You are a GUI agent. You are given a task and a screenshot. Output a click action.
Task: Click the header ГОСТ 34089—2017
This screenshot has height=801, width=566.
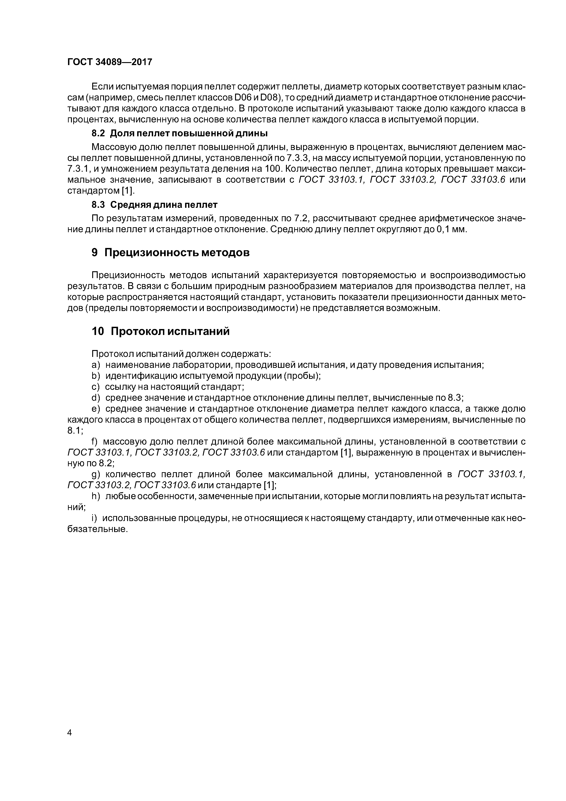[110, 62]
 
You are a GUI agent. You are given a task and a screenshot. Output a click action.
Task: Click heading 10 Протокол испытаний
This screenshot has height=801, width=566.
[160, 331]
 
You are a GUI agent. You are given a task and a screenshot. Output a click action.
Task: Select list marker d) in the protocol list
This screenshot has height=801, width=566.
[96, 398]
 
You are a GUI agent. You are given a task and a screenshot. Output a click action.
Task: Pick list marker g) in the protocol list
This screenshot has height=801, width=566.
[96, 474]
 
